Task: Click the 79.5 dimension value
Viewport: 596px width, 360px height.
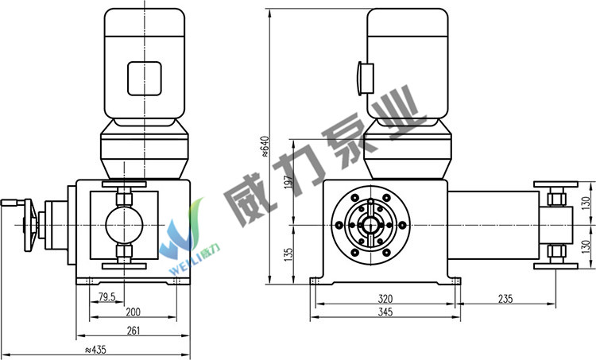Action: [x=106, y=297]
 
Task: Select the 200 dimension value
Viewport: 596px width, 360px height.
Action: [x=133, y=312]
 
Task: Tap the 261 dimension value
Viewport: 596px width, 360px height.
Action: [x=133, y=331]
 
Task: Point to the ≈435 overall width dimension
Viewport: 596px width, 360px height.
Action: [x=95, y=350]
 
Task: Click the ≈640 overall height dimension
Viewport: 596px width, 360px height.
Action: [x=265, y=146]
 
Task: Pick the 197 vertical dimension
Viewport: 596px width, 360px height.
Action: [x=289, y=182]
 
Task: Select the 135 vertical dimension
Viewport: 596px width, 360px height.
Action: [x=289, y=254]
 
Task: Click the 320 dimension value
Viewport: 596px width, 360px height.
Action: [x=385, y=299]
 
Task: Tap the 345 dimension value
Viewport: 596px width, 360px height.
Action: [x=385, y=312]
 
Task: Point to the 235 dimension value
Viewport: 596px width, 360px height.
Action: [x=505, y=299]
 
